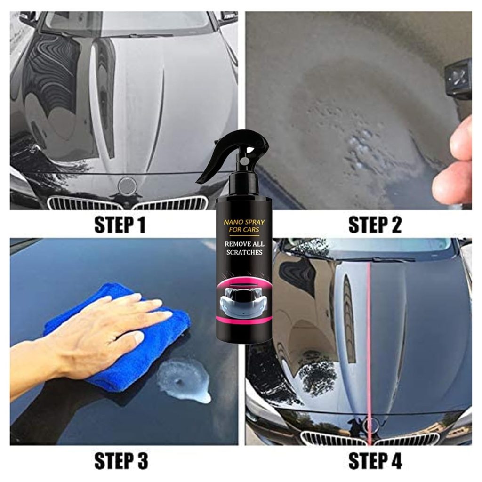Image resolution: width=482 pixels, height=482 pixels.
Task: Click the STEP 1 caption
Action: coord(120,225)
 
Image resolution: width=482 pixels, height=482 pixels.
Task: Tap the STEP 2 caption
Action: coord(375,225)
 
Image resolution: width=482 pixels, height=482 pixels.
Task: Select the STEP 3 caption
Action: coord(121,460)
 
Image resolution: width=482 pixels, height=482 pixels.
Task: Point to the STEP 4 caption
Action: coord(375,460)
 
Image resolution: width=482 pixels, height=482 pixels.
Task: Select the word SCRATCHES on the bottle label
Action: coord(244,252)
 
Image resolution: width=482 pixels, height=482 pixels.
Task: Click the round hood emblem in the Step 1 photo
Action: coord(127,185)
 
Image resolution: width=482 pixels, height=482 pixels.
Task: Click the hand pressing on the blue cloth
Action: coord(102,335)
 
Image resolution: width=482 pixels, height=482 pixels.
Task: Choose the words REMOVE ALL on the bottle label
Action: coord(244,244)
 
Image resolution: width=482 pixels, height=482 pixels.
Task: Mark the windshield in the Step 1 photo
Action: coord(129,22)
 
